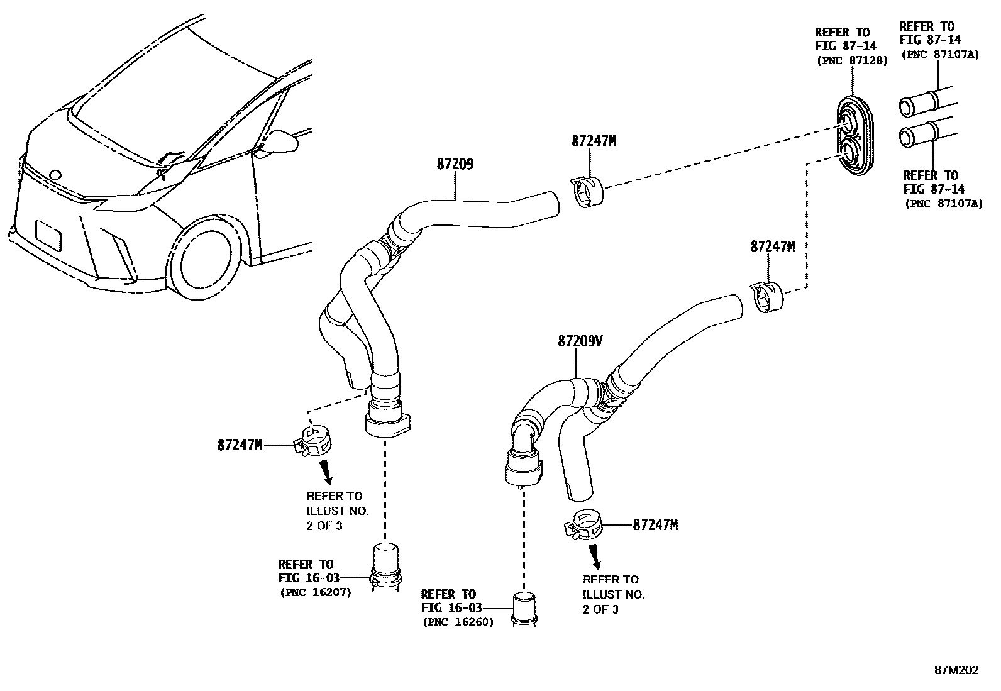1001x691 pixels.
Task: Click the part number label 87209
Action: tap(455, 165)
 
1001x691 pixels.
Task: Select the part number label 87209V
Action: tap(580, 341)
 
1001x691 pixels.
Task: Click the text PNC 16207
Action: tap(315, 592)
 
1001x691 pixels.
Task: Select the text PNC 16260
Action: tap(457, 622)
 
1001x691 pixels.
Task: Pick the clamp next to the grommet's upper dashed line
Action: tap(588, 190)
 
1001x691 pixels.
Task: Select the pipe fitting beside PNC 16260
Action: tap(524, 609)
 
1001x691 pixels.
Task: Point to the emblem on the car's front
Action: tap(55, 177)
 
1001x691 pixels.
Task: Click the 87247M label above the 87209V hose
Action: tap(772, 246)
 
